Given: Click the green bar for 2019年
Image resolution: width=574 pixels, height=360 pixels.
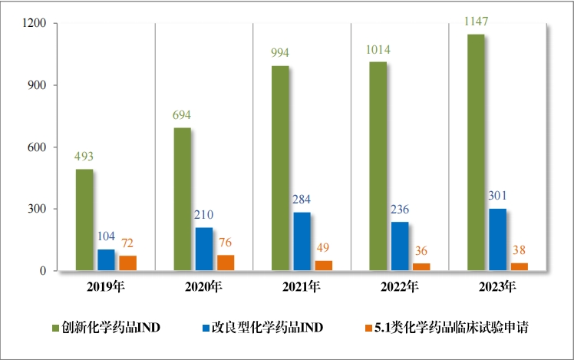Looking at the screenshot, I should [x=84, y=220].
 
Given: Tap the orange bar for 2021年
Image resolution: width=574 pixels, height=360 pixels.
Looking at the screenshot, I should [x=324, y=266].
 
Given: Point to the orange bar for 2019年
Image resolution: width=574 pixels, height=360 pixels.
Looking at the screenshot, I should [x=127, y=263].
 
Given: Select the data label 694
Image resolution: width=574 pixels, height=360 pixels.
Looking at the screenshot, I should [x=182, y=116].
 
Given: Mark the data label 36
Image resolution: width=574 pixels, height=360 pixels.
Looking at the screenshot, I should [x=421, y=251].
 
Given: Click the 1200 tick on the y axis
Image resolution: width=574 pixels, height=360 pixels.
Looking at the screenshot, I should [x=35, y=24].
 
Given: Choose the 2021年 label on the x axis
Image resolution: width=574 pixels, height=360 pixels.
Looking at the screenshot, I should [x=302, y=289].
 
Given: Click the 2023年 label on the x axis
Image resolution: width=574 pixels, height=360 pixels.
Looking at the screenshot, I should [x=498, y=289].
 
